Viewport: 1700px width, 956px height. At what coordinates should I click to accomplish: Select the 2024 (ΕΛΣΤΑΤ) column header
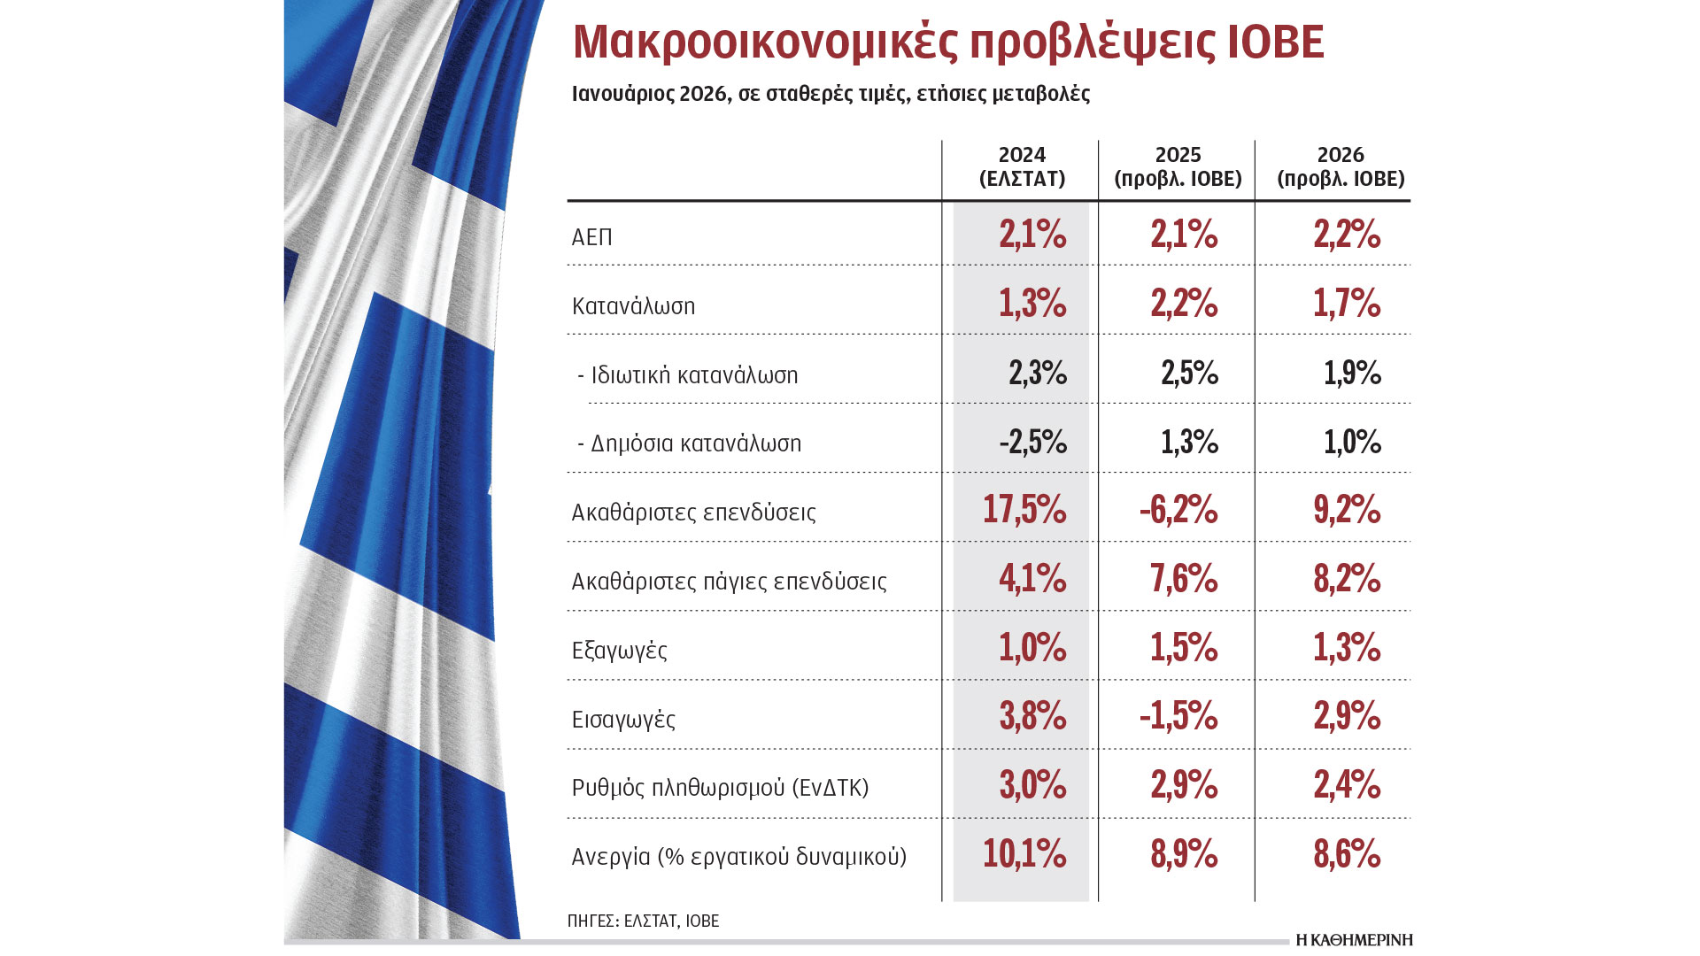1022,167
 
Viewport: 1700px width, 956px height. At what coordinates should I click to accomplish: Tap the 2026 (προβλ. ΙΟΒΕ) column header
1341,167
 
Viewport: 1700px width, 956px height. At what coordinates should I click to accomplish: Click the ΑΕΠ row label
592,237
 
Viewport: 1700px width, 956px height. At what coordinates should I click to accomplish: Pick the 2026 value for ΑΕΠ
1347,235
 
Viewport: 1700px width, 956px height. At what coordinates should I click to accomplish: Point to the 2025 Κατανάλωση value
1184,304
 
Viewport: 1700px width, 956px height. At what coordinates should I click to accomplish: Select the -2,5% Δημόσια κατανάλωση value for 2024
1032,442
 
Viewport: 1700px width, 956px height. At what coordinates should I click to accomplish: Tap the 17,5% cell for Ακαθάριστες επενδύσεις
1024,510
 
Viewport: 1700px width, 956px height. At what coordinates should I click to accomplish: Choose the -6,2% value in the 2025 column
1178,510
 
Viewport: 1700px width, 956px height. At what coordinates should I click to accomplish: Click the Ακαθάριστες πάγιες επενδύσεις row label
729,582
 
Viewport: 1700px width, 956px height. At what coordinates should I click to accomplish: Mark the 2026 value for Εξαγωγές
1347,648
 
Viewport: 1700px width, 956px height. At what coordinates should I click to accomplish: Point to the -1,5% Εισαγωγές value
1178,716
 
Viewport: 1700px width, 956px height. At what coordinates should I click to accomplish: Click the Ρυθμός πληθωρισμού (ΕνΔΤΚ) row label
720,788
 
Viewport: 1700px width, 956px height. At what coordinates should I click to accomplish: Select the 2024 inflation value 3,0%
1032,785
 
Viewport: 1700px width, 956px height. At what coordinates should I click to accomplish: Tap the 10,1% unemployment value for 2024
1024,854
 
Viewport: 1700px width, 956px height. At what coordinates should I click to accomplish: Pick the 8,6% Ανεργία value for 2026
1347,854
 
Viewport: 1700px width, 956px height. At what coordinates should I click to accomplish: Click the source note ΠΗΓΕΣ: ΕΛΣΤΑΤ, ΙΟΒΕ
643,921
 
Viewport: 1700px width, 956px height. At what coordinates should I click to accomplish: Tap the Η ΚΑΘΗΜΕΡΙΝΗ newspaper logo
1354,940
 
